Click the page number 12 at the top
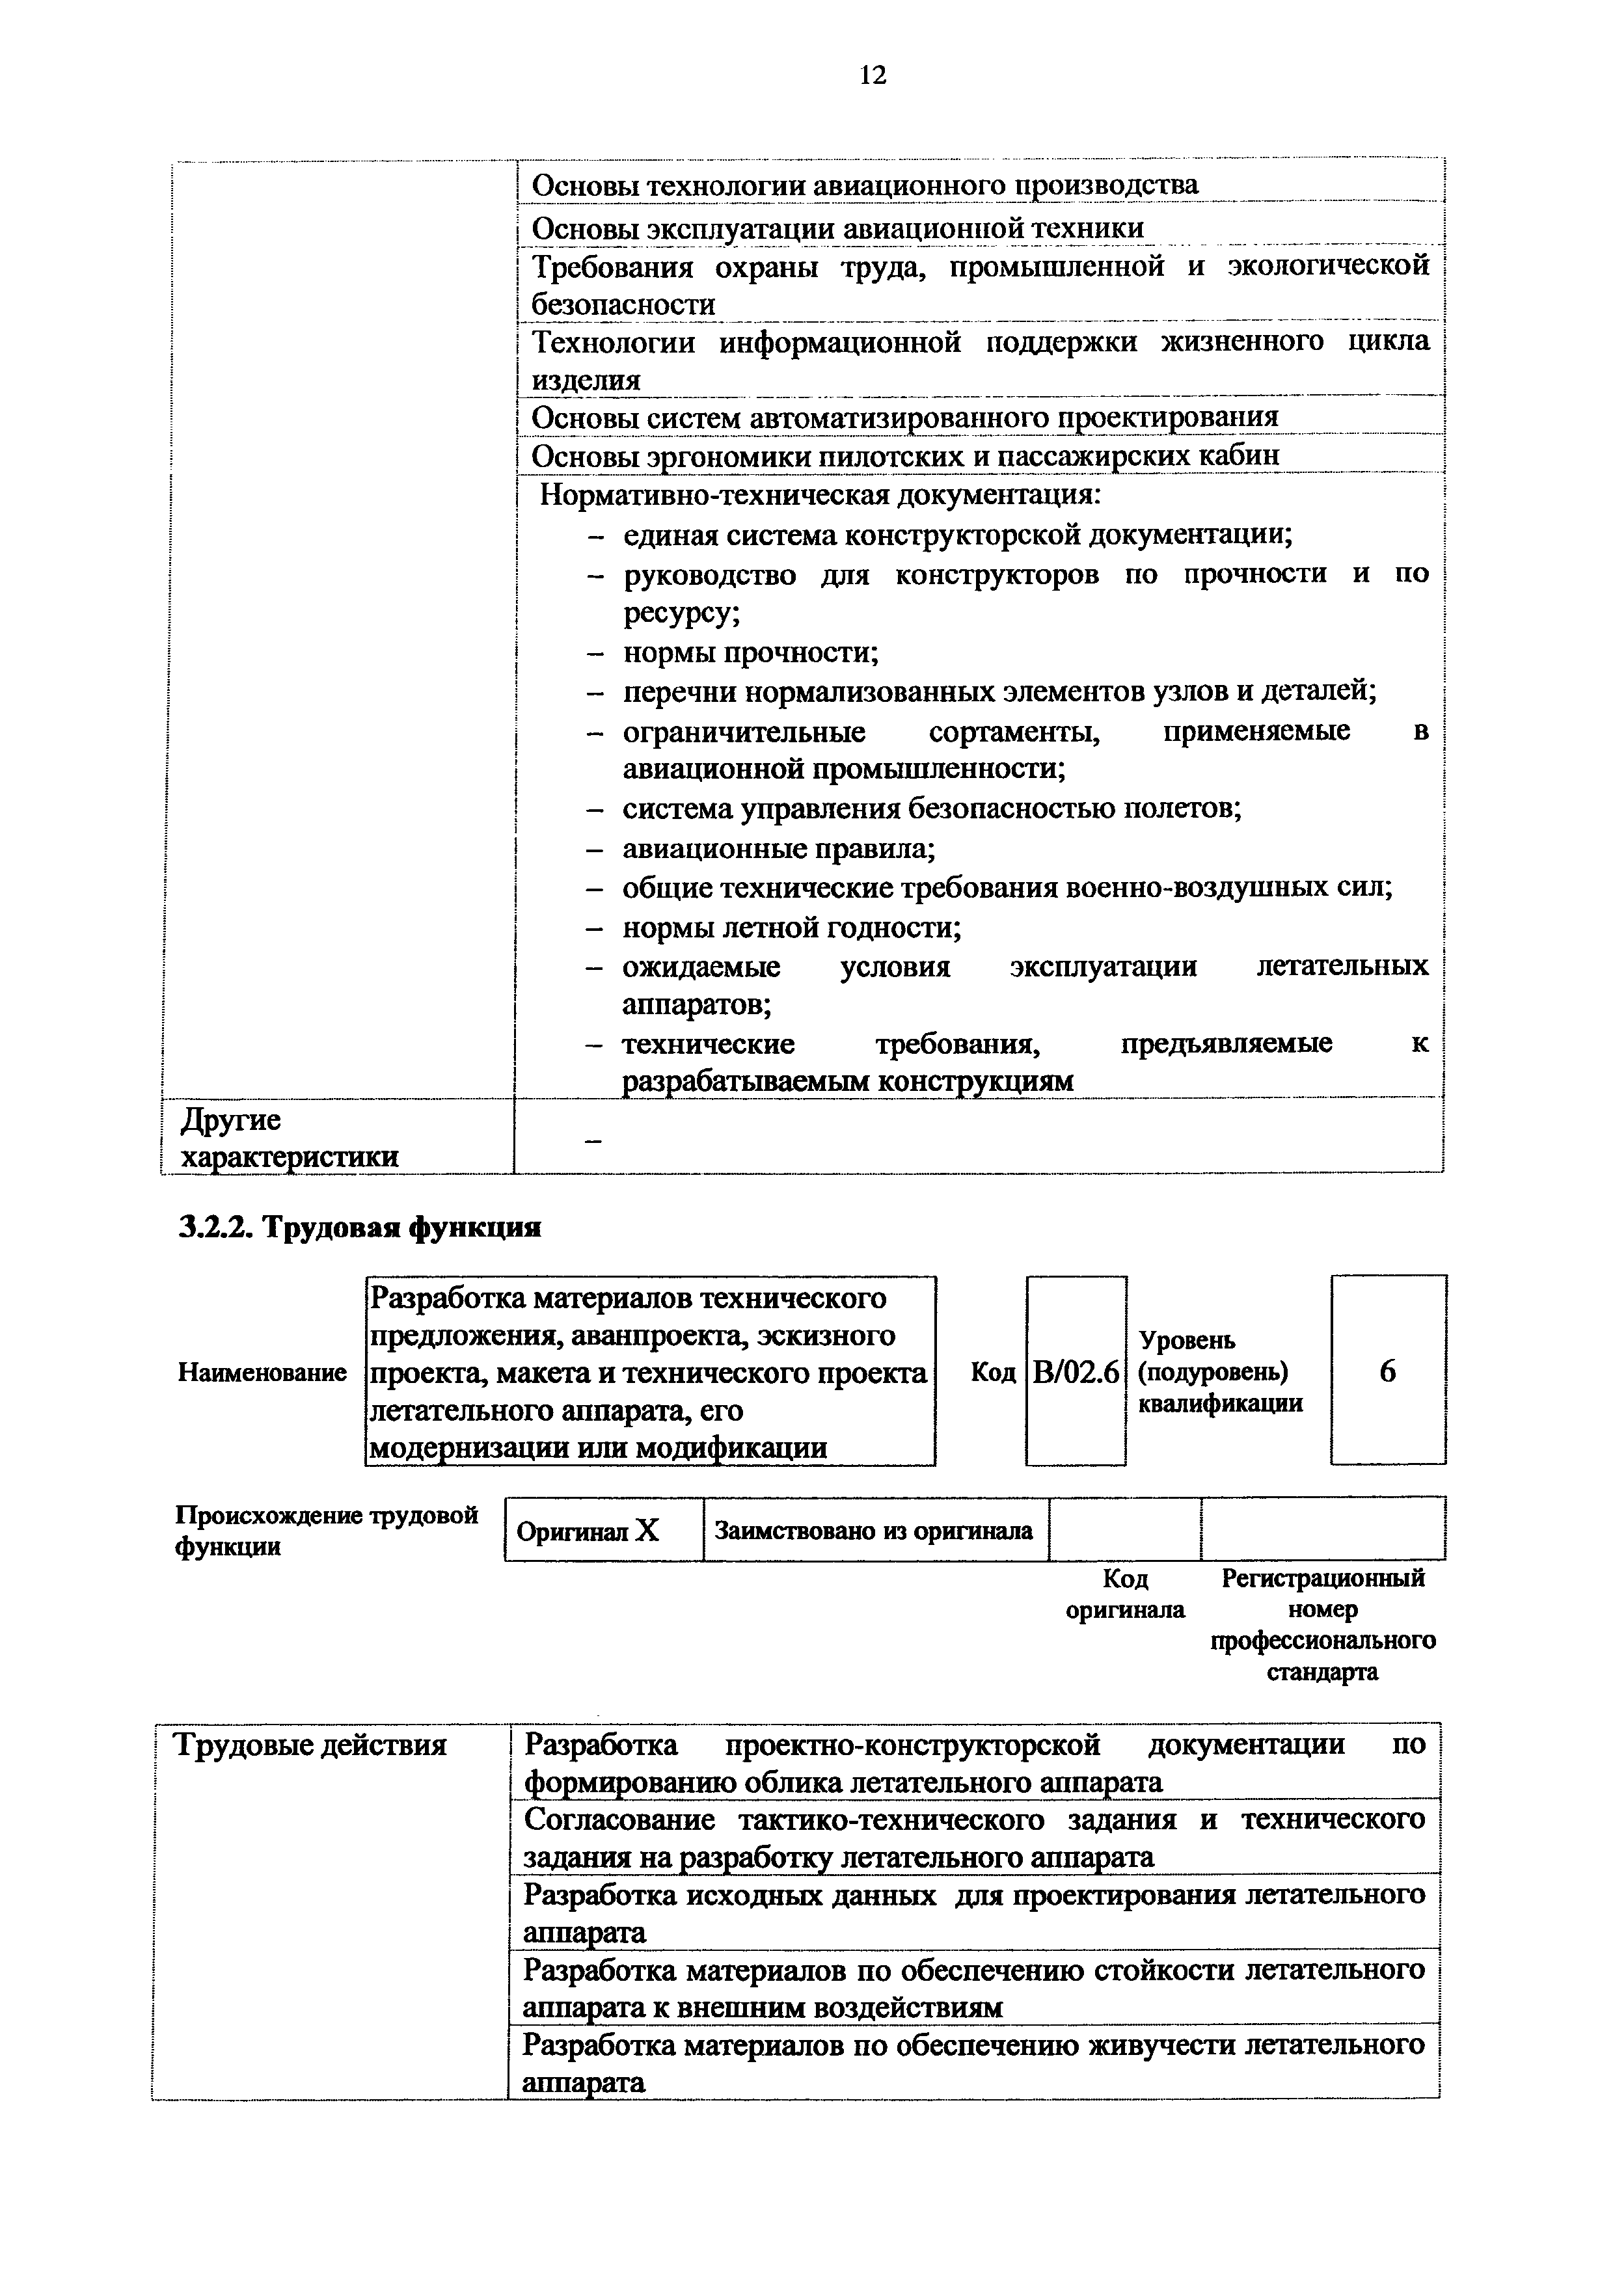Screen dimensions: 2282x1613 pos(872,75)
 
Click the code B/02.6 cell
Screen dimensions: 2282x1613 pos(1076,1373)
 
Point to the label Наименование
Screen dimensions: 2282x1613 pos(262,1373)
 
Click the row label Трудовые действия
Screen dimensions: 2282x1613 pos(310,1744)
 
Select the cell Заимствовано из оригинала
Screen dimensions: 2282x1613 pos(874,1531)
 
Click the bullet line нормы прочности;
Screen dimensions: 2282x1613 pos(750,653)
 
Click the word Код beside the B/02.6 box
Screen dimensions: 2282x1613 pos(993,1373)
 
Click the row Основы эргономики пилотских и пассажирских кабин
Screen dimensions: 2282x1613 pos(904,456)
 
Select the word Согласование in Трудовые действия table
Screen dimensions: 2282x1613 pos(619,1820)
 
